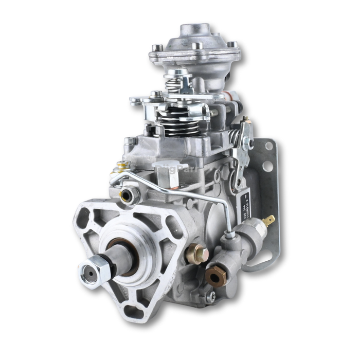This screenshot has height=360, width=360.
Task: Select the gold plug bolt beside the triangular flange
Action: coord(197,254)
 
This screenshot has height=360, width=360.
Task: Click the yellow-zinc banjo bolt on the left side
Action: coord(122,167)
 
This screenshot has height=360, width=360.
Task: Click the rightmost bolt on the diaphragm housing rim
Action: coord(232,45)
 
